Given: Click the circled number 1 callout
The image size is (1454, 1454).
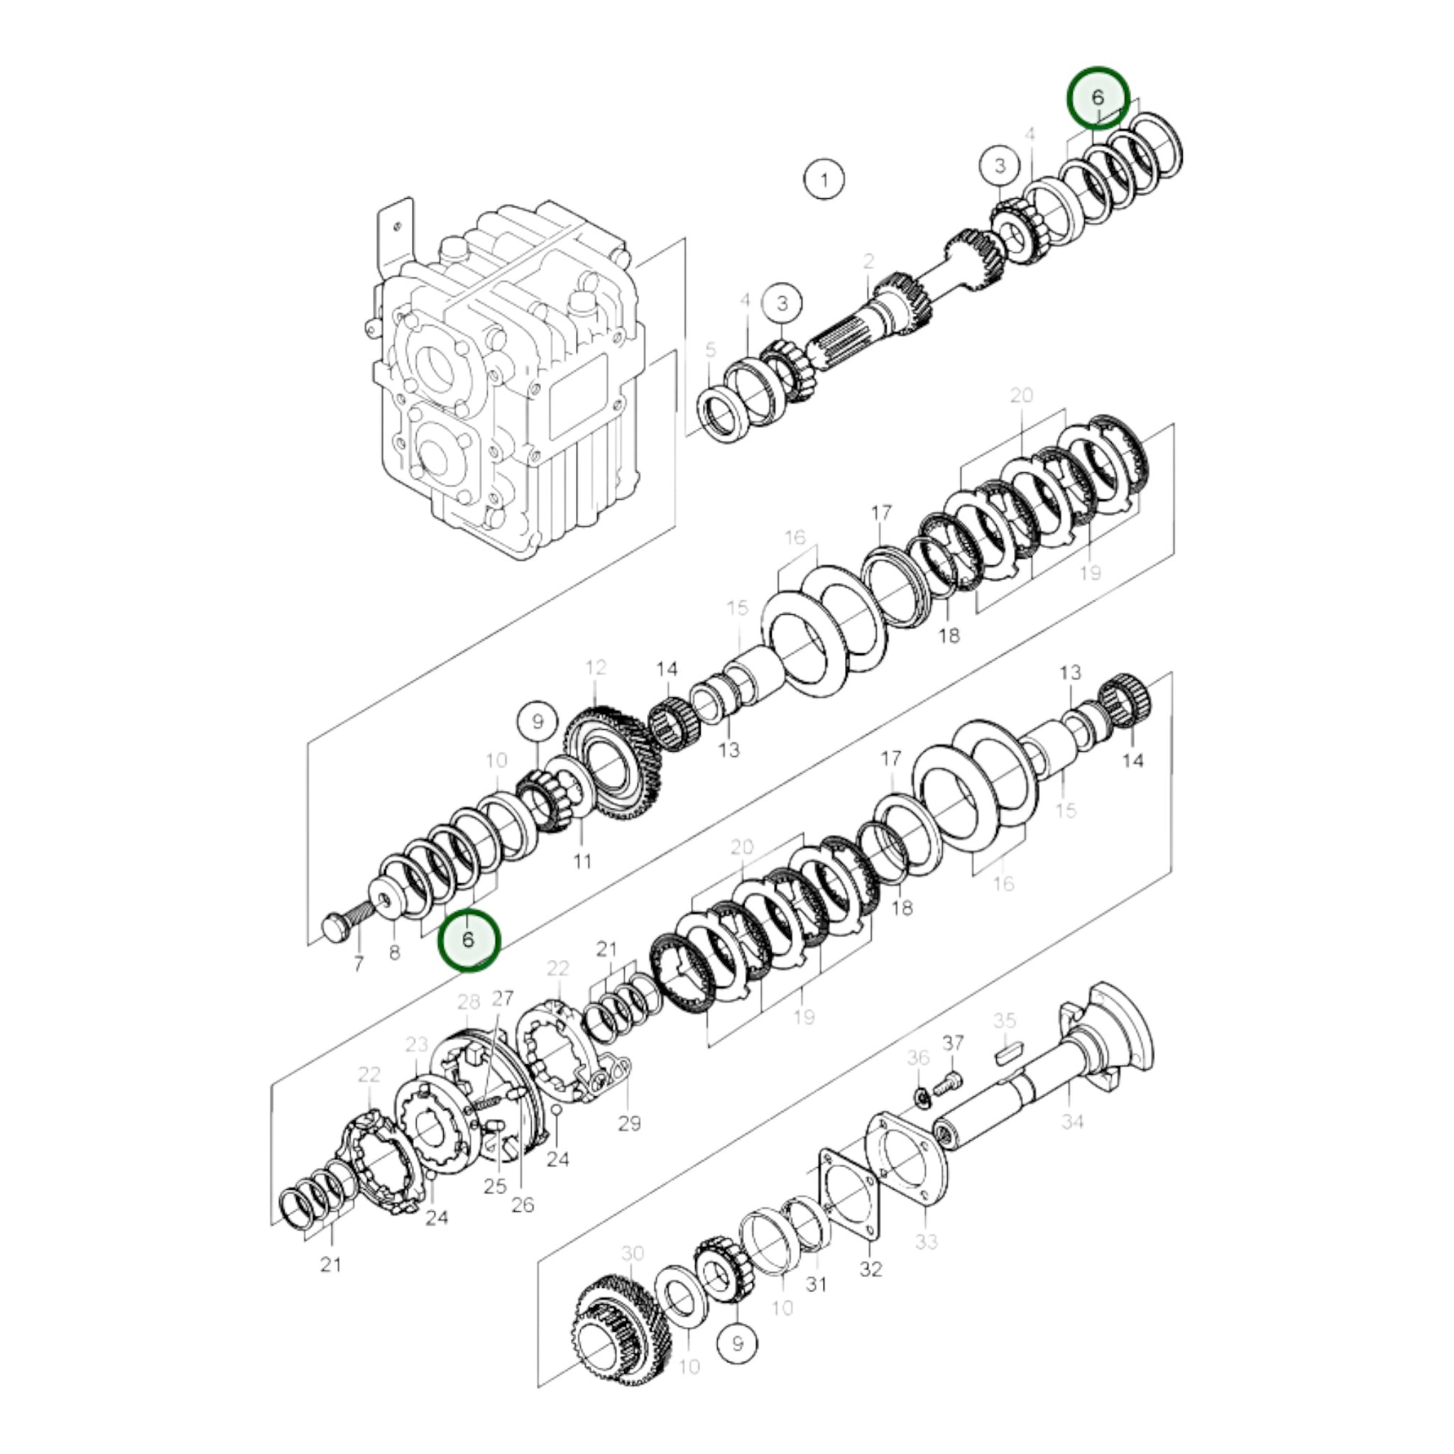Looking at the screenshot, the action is [x=824, y=180].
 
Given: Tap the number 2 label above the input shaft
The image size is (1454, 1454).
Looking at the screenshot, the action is [x=869, y=262].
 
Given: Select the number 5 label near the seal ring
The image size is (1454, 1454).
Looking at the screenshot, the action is [x=711, y=350].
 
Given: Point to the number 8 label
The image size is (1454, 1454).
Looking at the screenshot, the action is [x=395, y=953].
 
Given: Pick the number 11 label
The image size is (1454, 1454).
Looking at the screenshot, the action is [x=583, y=860].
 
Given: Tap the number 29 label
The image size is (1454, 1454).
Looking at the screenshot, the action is [x=629, y=1124].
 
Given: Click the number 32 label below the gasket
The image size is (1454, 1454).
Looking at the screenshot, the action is [x=870, y=1269].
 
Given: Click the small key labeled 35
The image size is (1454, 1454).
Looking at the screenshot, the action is [x=1009, y=1054].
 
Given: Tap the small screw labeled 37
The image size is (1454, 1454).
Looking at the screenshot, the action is [x=946, y=1086].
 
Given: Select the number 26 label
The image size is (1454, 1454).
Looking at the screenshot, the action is [x=522, y=1205].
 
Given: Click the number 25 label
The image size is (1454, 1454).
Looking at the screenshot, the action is [x=495, y=1186].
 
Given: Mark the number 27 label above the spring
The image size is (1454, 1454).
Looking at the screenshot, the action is [x=502, y=998].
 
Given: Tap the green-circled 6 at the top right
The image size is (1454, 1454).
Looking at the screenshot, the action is [x=1098, y=97].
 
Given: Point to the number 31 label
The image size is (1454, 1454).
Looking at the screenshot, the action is [x=816, y=1284].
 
